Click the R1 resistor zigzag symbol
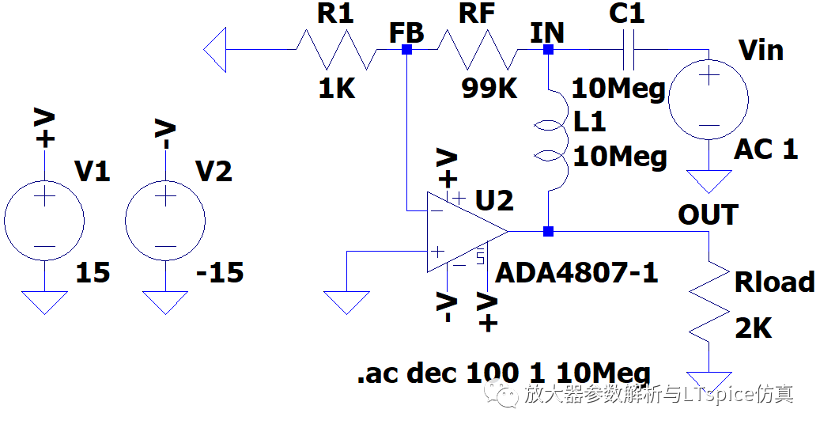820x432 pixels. pyautogui.click(x=337, y=50)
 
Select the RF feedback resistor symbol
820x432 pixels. pyautogui.click(x=478, y=50)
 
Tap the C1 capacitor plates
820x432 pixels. pyautogui.click(x=629, y=50)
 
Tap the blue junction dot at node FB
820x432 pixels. pyautogui.click(x=407, y=50)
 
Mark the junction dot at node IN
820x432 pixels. pyautogui.click(x=548, y=50)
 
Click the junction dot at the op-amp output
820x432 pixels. pyautogui.click(x=548, y=231)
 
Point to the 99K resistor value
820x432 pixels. pyautogui.click(x=489, y=89)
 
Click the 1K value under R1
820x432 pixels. pyautogui.click(x=337, y=89)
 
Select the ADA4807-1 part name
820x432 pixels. pyautogui.click(x=576, y=272)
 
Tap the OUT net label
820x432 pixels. pyautogui.click(x=708, y=214)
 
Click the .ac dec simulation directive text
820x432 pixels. pyautogui.click(x=504, y=373)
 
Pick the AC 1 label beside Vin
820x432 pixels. pyautogui.click(x=766, y=150)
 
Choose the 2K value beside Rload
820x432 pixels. pyautogui.click(x=754, y=329)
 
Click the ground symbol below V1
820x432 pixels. pyautogui.click(x=44, y=302)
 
